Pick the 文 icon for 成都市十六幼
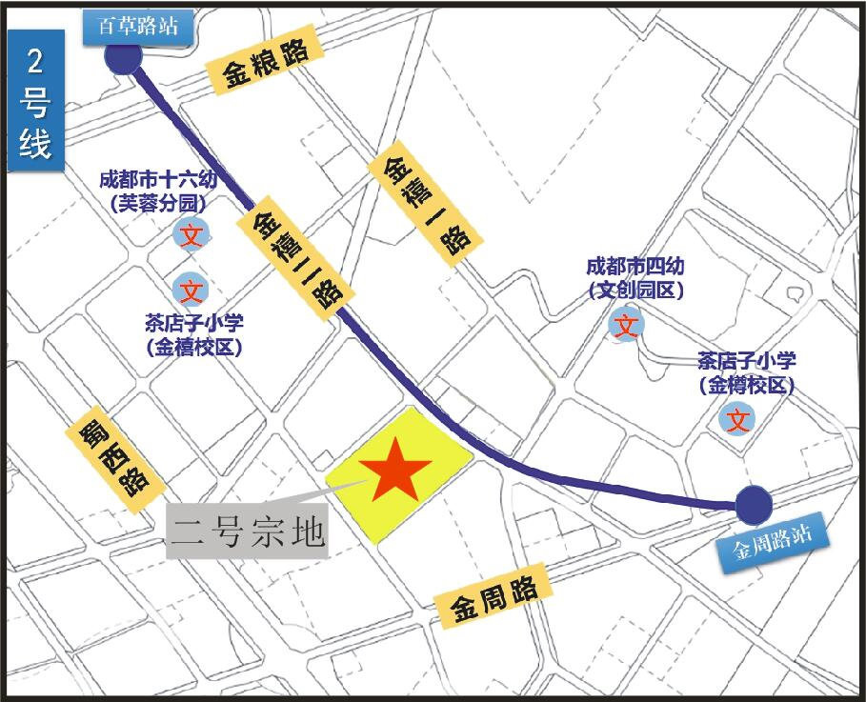pos(191,234)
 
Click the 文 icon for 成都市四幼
pos(626,326)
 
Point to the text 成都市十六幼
pos(157,180)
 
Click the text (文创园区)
pos(635,291)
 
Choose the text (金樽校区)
pos(746,385)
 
